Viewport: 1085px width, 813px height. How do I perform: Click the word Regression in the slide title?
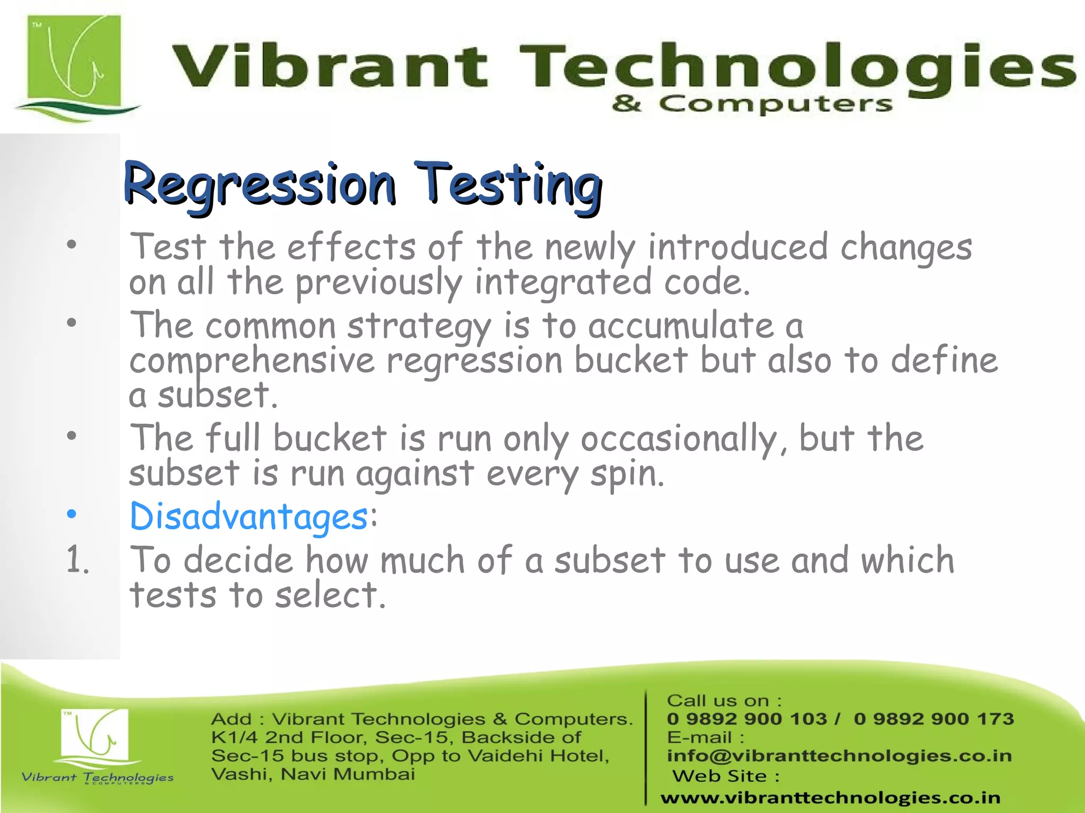pyautogui.click(x=260, y=184)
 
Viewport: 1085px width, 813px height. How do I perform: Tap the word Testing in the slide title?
pyautogui.click(x=508, y=184)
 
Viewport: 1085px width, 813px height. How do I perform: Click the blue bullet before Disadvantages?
pyautogui.click(x=72, y=514)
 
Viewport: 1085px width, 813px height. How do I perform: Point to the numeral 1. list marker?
pyautogui.click(x=77, y=560)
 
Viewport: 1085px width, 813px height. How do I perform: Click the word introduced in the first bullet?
pyautogui.click(x=737, y=248)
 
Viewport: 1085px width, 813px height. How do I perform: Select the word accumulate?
pyautogui.click(x=681, y=326)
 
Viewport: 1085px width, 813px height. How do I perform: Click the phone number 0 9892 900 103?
pyautogui.click(x=746, y=719)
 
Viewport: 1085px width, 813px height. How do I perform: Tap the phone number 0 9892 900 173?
pyautogui.click(x=933, y=719)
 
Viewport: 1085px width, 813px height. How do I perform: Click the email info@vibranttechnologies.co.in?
pyautogui.click(x=839, y=756)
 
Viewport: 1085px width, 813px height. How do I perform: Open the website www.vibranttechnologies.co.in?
pyautogui.click(x=830, y=797)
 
